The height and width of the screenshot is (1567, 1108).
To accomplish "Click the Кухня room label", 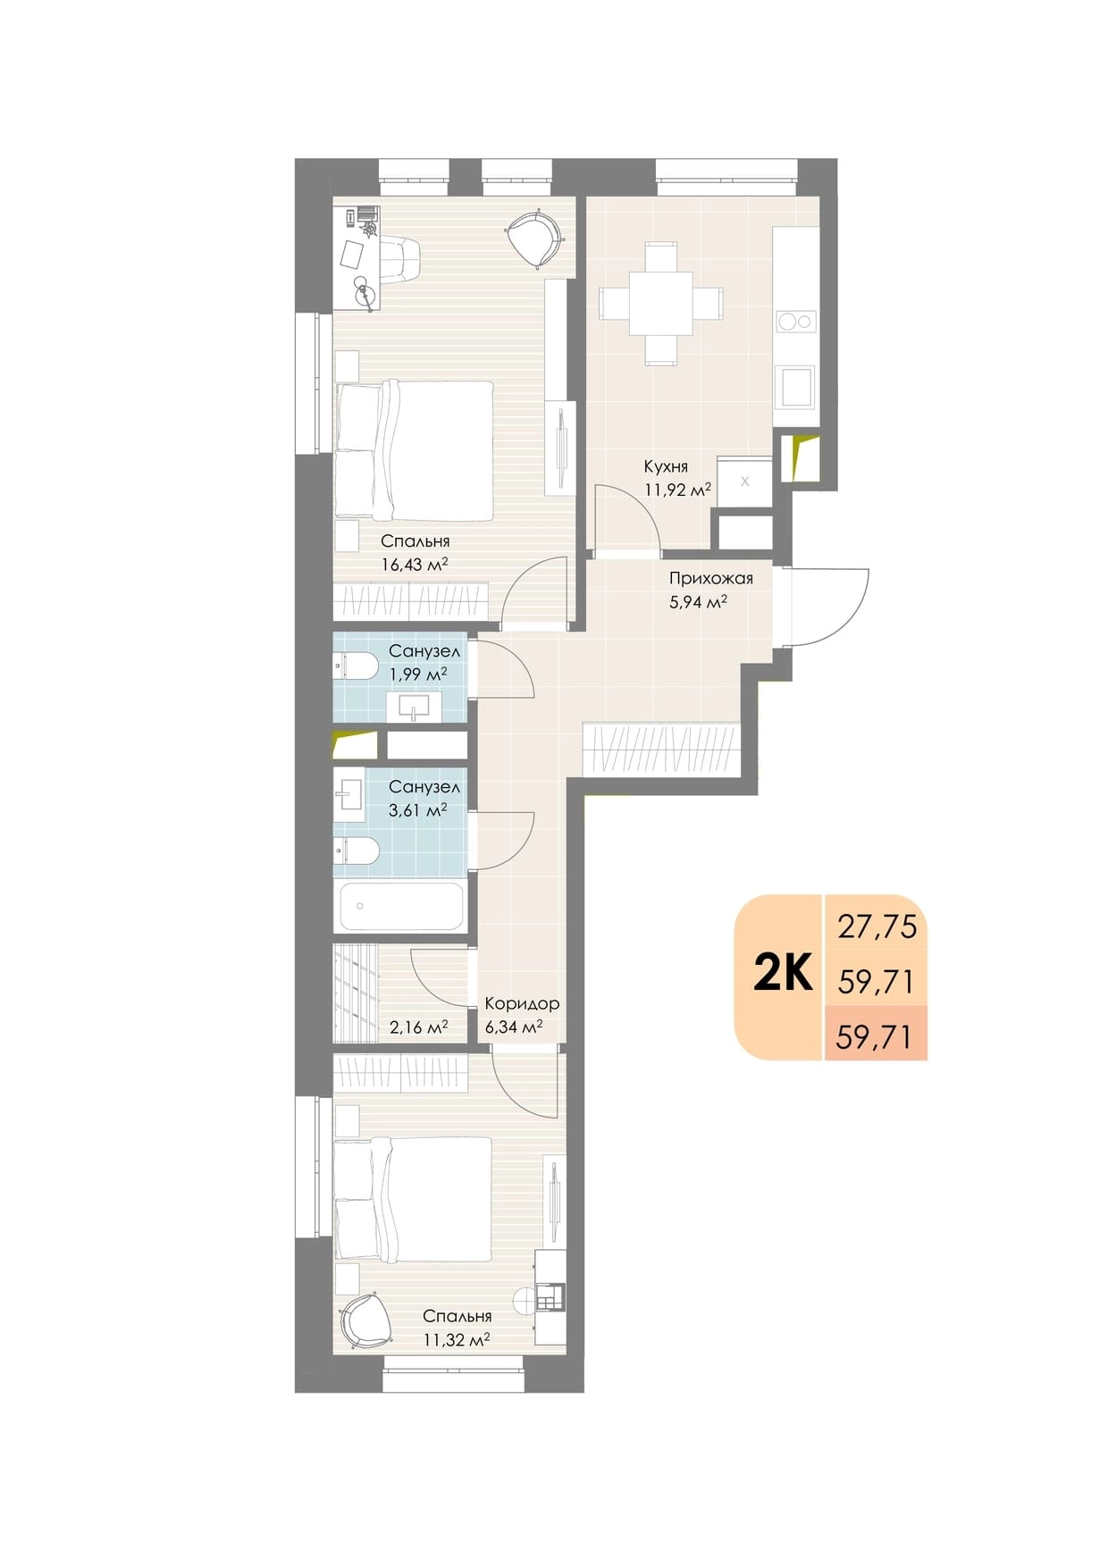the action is pyautogui.click(x=666, y=466).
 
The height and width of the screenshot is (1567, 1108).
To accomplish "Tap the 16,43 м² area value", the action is pyautogui.click(x=414, y=564).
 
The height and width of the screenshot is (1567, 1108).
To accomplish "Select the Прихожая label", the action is pyautogui.click(x=711, y=578).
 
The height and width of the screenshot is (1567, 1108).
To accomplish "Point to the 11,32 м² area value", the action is pyautogui.click(x=457, y=1339).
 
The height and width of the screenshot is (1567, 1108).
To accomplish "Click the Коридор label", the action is pyautogui.click(x=522, y=1003).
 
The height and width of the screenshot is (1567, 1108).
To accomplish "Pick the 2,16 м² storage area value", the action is pyautogui.click(x=419, y=1027).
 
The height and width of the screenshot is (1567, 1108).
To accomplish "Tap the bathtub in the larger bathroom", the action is pyautogui.click(x=400, y=906).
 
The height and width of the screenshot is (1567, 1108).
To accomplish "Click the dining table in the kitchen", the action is pyautogui.click(x=660, y=303).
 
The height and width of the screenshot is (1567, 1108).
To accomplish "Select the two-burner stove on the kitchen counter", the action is pyautogui.click(x=795, y=321).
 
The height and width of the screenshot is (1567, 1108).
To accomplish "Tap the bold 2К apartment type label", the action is pyautogui.click(x=783, y=973).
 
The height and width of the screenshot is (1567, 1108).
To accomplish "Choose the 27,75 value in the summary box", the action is pyautogui.click(x=877, y=926).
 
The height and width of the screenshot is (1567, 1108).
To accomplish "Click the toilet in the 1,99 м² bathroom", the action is pyautogui.click(x=357, y=666).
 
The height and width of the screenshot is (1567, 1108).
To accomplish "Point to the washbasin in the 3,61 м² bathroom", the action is pyautogui.click(x=349, y=794).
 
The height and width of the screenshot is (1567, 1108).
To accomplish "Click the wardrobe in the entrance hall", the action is pyautogui.click(x=661, y=750).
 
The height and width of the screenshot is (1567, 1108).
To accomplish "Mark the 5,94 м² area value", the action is pyautogui.click(x=698, y=602).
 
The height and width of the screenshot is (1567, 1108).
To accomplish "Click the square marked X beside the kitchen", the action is pyautogui.click(x=744, y=482).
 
